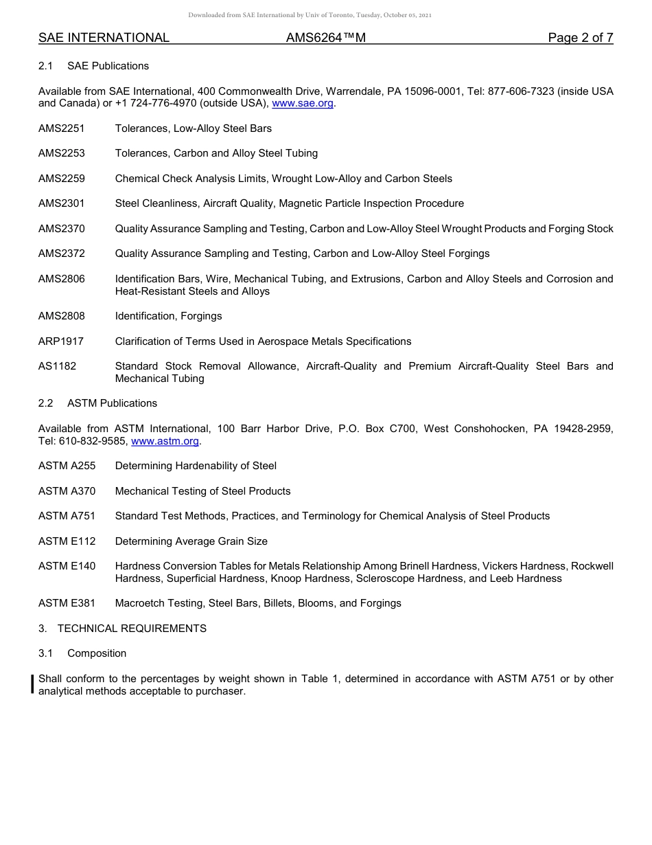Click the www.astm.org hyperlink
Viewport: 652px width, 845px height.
[x=165, y=441]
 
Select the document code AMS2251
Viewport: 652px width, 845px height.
[x=62, y=128]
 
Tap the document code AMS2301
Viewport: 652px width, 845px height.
[x=62, y=203]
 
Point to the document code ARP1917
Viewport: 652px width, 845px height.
[x=61, y=341]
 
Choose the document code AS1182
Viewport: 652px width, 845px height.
[x=58, y=366]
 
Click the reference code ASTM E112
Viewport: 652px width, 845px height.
[x=67, y=541]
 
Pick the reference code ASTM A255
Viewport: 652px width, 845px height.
[x=67, y=466]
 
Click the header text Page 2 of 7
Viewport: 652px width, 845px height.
[x=580, y=38]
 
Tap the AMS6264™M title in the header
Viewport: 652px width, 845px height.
[x=325, y=38]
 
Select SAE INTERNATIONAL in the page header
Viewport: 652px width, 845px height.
[x=104, y=38]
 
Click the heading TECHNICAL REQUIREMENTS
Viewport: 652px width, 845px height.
[x=132, y=629]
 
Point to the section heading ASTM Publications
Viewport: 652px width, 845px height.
[x=112, y=403]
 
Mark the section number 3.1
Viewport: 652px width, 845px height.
[x=46, y=653]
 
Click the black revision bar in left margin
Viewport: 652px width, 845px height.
[x=32, y=685]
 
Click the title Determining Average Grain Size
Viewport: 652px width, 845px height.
[x=191, y=541]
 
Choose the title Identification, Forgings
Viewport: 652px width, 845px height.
[x=169, y=316]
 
